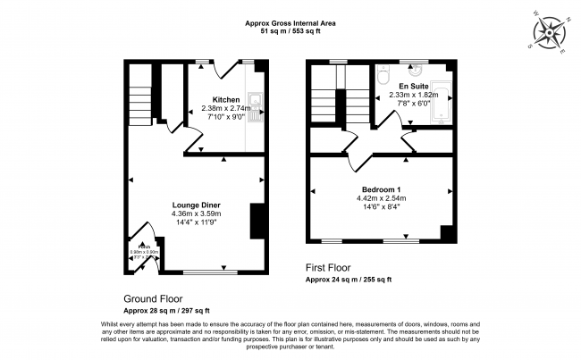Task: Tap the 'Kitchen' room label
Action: (225, 98)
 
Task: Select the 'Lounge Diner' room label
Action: (197, 205)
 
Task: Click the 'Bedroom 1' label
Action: (382, 188)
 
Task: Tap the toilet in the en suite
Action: (382, 78)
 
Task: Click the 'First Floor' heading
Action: (328, 268)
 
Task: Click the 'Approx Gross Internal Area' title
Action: (290, 23)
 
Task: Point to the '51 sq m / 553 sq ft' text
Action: (290, 32)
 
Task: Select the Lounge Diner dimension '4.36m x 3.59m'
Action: (197, 213)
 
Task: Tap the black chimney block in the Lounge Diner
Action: (256, 221)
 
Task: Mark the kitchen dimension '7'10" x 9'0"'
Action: (225, 115)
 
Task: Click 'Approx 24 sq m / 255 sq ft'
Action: (349, 280)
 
